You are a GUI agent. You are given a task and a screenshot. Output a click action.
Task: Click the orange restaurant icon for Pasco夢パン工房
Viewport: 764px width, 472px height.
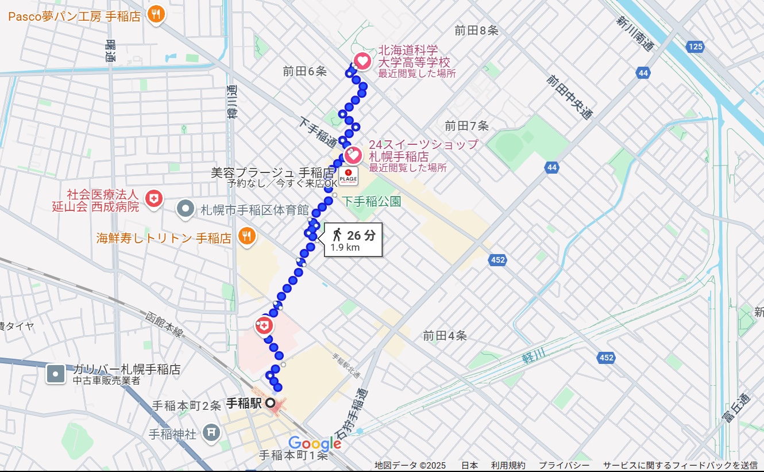156,14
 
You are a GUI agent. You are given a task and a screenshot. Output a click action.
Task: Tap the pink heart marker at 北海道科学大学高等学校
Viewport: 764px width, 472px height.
362,60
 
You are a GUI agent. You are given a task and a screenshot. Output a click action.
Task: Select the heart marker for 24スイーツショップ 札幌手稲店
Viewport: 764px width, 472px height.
353,155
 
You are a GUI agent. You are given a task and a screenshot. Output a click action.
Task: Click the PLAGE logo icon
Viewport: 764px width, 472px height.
348,176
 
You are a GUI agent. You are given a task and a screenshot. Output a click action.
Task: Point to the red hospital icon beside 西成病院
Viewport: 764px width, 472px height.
153,199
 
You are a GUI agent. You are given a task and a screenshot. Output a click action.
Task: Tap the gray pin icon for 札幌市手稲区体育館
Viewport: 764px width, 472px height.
185,209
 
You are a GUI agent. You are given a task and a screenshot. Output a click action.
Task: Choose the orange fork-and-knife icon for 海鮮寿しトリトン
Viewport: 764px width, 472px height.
247,236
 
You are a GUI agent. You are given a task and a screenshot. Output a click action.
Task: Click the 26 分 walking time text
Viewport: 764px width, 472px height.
361,235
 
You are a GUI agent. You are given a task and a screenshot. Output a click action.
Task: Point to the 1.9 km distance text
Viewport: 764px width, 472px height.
345,248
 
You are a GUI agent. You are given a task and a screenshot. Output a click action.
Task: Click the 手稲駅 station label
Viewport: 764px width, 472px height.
244,403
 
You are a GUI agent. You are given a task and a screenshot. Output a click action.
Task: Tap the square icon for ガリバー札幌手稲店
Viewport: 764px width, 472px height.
56,374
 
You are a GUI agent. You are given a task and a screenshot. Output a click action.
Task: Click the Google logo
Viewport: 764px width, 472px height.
315,443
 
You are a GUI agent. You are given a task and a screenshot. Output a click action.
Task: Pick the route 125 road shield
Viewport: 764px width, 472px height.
695,47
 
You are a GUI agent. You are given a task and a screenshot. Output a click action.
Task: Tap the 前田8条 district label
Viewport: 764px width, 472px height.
476,31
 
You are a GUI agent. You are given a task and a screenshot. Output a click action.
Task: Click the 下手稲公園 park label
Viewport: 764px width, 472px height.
372,201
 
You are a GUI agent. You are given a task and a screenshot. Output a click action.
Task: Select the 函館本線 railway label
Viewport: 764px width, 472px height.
164,325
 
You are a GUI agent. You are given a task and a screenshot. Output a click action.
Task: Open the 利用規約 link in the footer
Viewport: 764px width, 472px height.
508,465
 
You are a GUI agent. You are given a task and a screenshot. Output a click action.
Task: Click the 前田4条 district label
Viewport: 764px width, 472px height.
445,336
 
